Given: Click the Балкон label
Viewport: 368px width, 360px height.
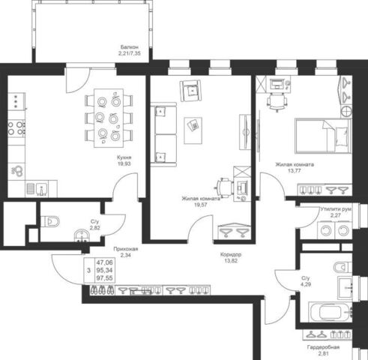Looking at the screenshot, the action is click(129, 47).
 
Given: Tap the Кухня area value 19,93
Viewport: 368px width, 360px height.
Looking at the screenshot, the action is click(124, 163).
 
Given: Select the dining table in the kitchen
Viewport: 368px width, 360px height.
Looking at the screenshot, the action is click(109, 118).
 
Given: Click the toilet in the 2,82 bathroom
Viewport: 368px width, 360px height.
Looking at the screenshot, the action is click(50, 221).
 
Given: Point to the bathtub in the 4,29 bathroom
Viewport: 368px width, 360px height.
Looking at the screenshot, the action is click(331, 312).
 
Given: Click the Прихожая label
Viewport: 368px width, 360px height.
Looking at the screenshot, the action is click(125, 249).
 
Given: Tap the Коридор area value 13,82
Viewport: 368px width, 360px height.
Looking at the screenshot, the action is click(231, 261).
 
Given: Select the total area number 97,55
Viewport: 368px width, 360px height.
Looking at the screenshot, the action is click(105, 278).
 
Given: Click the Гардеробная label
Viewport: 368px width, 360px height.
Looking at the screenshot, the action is click(323, 347).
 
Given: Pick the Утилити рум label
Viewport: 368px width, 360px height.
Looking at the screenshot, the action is click(336, 209).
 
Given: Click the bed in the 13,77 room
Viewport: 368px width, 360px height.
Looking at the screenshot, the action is click(323, 136).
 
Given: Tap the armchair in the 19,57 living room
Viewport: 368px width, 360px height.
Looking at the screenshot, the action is click(190, 91).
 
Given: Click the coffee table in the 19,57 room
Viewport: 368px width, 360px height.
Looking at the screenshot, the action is click(193, 130).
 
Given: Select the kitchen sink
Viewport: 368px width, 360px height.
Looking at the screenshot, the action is click(41, 189).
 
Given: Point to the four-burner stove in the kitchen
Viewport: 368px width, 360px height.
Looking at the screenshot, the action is click(16, 127).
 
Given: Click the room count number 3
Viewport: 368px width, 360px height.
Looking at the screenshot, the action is click(88, 271).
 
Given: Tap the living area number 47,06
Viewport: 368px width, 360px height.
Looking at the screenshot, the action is click(105, 262).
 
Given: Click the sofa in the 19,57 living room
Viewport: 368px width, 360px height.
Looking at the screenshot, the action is click(163, 134).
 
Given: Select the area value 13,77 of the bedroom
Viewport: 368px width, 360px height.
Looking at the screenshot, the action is click(295, 171).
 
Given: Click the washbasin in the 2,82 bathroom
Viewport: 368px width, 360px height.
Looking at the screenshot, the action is click(82, 235).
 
